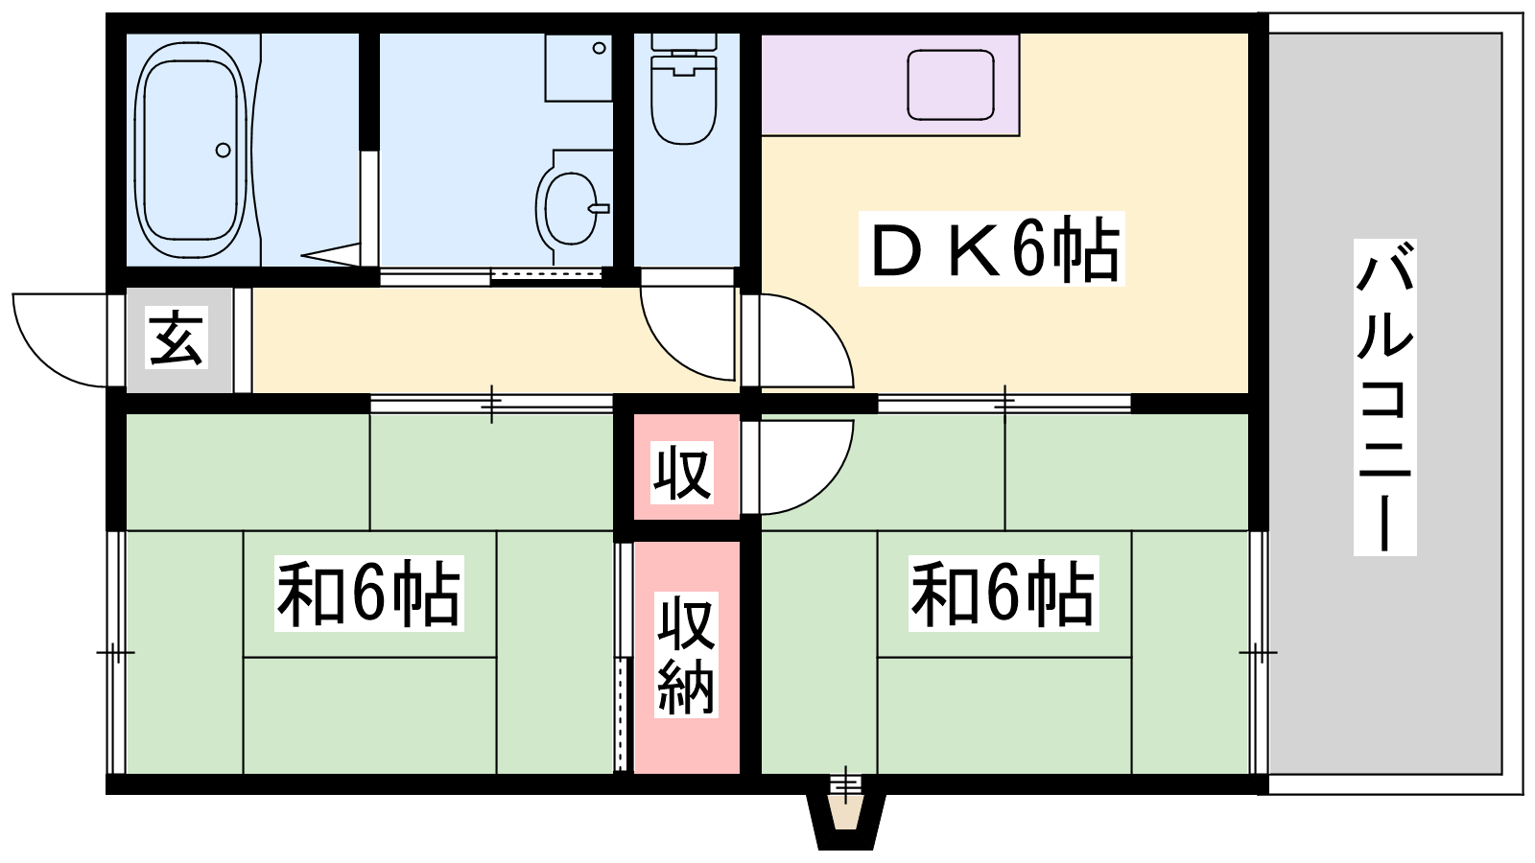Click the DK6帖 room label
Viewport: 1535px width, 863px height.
[x=992, y=248]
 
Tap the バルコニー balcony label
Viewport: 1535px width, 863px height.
[x=1385, y=397]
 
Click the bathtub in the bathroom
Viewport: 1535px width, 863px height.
[x=190, y=150]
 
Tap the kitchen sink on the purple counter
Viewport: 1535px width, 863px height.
[x=951, y=85]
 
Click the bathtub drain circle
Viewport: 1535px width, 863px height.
[x=223, y=150]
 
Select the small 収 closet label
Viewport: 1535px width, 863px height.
[x=682, y=473]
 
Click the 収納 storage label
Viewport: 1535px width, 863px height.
[x=686, y=655]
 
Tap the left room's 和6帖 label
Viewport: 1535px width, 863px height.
[x=368, y=594]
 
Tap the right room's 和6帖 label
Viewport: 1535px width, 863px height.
[x=1004, y=594]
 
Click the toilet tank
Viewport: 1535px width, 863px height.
[x=683, y=42]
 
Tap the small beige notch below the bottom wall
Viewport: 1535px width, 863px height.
[x=845, y=812]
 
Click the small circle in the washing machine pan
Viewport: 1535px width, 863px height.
[x=599, y=48]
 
